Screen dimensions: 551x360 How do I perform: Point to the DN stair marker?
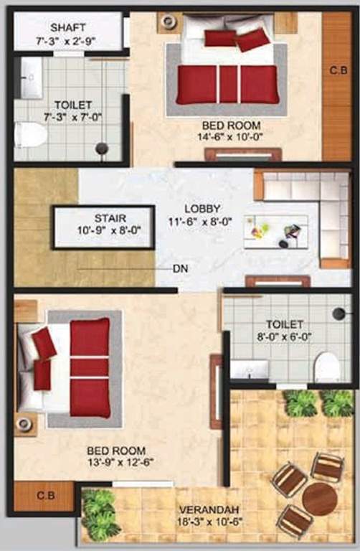181,269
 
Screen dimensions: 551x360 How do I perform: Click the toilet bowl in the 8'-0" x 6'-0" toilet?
327,367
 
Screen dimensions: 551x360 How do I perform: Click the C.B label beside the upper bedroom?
338,70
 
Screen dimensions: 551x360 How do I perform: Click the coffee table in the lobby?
275,231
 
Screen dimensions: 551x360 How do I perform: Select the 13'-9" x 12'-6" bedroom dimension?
116,463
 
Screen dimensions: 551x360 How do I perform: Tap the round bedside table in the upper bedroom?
170,22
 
